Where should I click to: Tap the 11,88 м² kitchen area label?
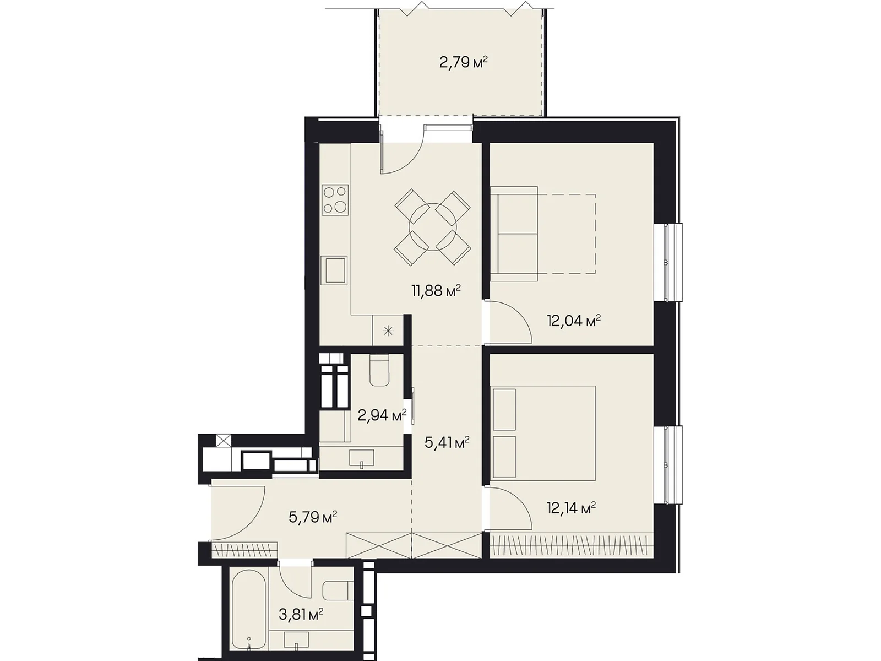point(436,290)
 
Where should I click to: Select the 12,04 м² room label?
point(574,321)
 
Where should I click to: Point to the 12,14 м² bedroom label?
point(571,508)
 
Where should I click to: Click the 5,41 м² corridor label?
point(447,443)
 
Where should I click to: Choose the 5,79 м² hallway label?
point(313,517)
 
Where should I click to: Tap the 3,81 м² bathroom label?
point(301,614)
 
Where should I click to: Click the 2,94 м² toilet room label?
point(382,415)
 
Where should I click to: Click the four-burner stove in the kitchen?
point(335,199)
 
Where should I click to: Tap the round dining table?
point(432,228)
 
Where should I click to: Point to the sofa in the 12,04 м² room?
point(514,234)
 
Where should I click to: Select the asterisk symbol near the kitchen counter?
point(388,330)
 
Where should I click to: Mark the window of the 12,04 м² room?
point(668,262)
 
